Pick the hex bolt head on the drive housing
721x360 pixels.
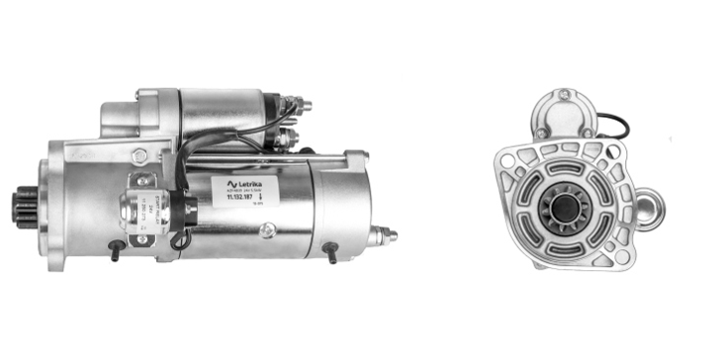click(x=139, y=155)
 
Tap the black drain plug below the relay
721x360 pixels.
click(x=116, y=251)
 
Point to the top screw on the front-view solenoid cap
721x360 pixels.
click(x=564, y=95)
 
